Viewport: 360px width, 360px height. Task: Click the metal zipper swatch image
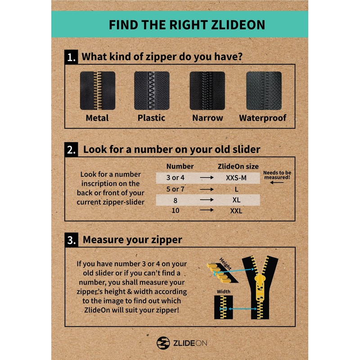click(x=98, y=91)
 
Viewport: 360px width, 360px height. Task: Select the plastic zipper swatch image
click(x=152, y=91)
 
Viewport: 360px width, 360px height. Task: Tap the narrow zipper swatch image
click(x=207, y=91)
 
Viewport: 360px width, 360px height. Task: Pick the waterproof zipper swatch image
click(x=263, y=91)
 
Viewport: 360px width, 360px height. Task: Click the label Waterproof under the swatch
click(x=263, y=118)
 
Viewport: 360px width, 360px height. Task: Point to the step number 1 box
click(x=71, y=58)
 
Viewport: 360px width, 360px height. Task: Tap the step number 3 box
click(x=71, y=240)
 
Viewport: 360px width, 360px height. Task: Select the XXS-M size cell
click(x=236, y=178)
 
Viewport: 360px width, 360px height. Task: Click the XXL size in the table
click(x=236, y=210)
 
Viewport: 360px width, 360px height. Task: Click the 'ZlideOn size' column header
click(x=238, y=166)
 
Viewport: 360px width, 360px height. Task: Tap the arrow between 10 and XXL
click(x=207, y=210)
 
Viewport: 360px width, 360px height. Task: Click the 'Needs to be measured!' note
click(x=277, y=175)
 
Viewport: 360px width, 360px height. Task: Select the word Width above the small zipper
click(x=224, y=292)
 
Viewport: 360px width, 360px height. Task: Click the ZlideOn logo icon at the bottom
click(x=162, y=342)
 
